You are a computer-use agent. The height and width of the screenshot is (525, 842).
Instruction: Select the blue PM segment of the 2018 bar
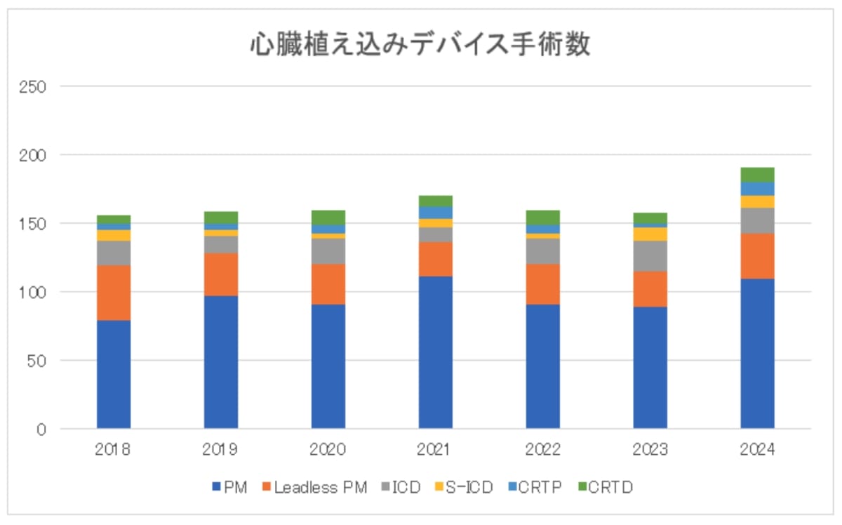pos(114,374)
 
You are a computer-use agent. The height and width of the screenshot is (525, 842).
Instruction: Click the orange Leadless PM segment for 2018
pos(114,293)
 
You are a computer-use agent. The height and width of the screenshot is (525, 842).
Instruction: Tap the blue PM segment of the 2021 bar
pos(436,352)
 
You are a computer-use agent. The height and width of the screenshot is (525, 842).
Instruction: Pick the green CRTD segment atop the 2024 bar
pos(757,175)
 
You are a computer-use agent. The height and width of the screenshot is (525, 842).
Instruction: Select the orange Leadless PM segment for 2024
pos(757,256)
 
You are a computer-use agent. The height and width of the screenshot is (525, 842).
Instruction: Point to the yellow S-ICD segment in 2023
pos(650,234)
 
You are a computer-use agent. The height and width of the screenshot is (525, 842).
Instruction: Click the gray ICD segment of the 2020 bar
pos(328,251)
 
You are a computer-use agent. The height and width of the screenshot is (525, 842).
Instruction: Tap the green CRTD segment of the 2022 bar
pos(542,218)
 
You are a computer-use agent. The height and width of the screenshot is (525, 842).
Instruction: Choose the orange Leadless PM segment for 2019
pos(221,274)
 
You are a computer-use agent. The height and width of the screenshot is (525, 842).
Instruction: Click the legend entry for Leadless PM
pos(316,487)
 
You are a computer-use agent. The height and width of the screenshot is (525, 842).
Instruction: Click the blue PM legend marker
pos(215,487)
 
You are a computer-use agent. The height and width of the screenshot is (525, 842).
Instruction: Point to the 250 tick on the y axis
pos(34,87)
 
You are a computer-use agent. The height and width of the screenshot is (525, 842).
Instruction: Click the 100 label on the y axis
pos(34,292)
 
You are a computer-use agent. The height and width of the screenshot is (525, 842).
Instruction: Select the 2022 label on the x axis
pos(542,450)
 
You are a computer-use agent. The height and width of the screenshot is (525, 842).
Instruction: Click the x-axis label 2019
pos(221,450)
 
